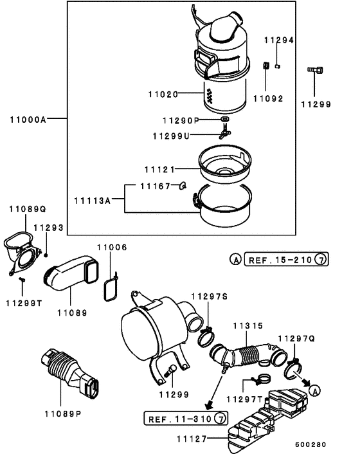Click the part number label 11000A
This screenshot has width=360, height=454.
(29, 119)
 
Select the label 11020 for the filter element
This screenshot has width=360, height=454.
(162, 94)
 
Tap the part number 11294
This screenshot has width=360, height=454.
(279, 40)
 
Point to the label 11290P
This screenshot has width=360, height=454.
(181, 120)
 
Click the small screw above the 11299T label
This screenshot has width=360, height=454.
(21, 280)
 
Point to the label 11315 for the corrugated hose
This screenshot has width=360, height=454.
(248, 326)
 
